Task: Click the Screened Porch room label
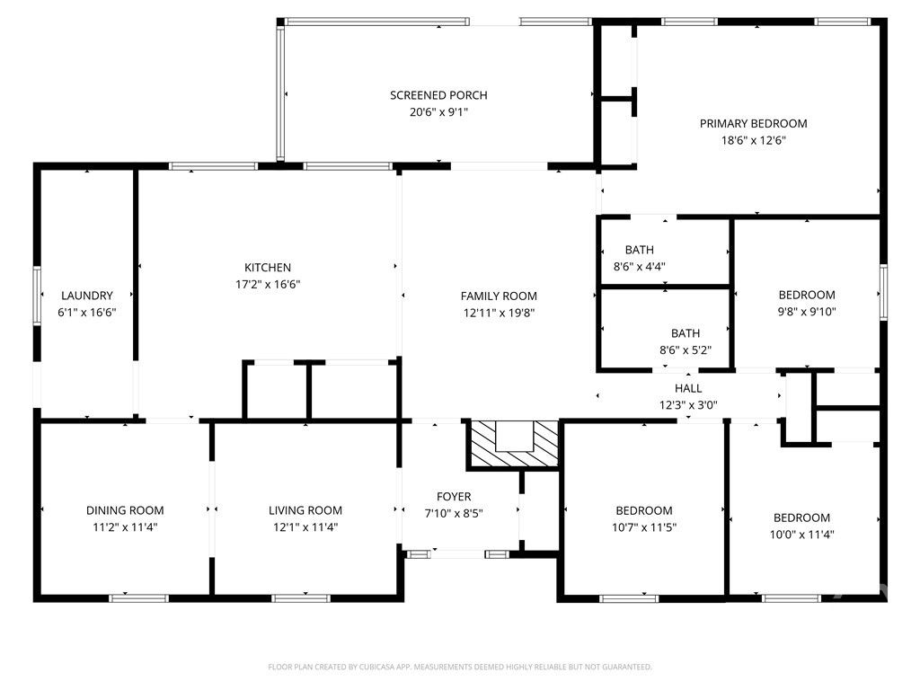pyautogui.click(x=438, y=95)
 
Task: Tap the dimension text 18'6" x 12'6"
pyautogui.click(x=753, y=140)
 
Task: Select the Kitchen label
pyautogui.click(x=268, y=268)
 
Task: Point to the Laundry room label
pyautogui.click(x=87, y=296)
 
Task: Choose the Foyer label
pyautogui.click(x=454, y=497)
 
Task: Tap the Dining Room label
pyautogui.click(x=125, y=510)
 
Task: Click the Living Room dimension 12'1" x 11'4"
pyautogui.click(x=305, y=527)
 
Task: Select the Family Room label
pyautogui.click(x=499, y=296)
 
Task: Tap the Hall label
pyautogui.click(x=688, y=388)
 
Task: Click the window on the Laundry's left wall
pyautogui.click(x=38, y=297)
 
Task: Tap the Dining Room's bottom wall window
pyautogui.click(x=138, y=597)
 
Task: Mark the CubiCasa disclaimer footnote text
pyautogui.click(x=460, y=667)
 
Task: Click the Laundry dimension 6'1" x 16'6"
pyautogui.click(x=87, y=313)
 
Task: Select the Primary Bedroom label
pyautogui.click(x=753, y=123)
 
